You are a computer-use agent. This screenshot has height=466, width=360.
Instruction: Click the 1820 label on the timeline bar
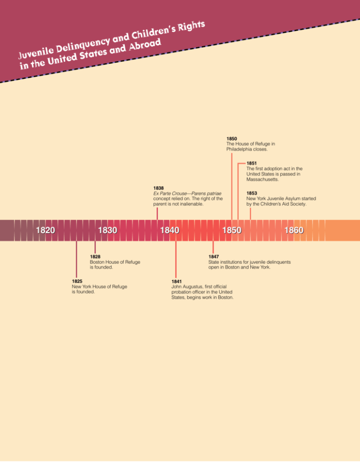point(45,230)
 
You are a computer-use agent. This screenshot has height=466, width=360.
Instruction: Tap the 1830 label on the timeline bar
point(108,230)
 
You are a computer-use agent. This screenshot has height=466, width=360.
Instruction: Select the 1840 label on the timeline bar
point(170,230)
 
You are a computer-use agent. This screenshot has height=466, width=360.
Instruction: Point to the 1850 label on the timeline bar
point(232,230)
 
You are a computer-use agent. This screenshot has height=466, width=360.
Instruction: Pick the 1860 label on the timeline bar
point(294,230)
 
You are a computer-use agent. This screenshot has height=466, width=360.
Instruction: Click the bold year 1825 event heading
point(77,281)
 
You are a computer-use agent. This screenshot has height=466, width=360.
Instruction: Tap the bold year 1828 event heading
point(95,256)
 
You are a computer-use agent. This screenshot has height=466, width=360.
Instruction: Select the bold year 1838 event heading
point(158,188)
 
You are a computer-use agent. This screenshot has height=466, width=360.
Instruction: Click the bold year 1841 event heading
point(177,281)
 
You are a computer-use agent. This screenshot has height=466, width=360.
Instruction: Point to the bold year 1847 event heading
point(214,256)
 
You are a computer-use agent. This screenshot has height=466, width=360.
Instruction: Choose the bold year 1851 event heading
point(252,163)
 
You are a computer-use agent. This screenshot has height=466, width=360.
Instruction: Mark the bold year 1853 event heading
point(252,193)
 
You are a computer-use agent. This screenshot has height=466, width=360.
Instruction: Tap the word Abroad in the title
point(145,45)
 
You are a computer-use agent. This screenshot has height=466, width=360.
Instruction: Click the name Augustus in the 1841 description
point(193,287)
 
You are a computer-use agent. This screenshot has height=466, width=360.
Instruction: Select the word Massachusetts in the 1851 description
point(262,180)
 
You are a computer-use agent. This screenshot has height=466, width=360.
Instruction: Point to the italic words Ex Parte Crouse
point(170,194)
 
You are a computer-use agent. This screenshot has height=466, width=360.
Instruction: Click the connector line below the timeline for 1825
point(76,259)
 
